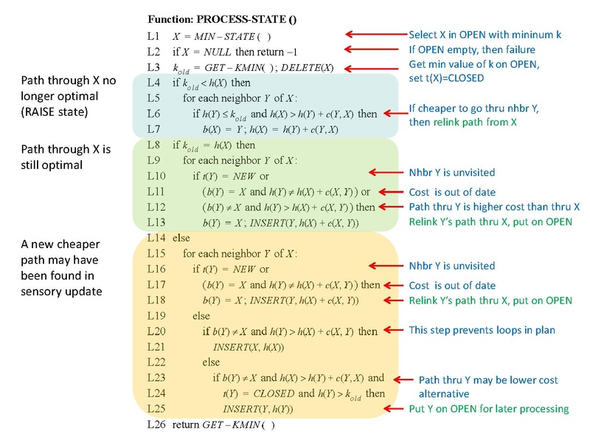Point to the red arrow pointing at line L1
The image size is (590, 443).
(373, 35)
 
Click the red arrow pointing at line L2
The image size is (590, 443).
(373, 49)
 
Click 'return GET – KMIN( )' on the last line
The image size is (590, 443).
(223, 425)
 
